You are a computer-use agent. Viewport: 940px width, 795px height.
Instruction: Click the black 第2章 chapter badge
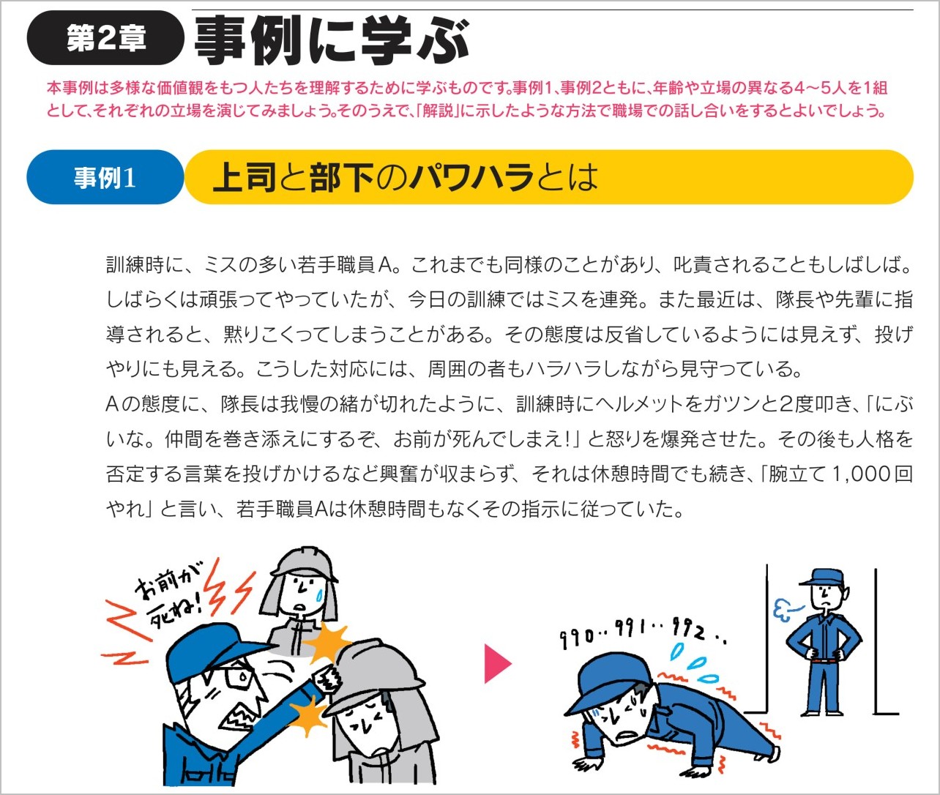(x=105, y=38)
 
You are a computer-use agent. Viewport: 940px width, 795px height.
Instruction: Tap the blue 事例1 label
(x=105, y=177)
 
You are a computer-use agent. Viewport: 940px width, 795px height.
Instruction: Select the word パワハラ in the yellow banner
(x=471, y=176)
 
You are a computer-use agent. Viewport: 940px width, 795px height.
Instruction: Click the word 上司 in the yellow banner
(x=244, y=176)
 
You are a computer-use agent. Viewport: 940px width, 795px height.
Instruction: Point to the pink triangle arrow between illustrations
(x=498, y=663)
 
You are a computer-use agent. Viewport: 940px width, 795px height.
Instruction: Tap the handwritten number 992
(x=688, y=629)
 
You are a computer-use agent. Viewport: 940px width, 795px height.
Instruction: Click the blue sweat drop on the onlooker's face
(x=321, y=594)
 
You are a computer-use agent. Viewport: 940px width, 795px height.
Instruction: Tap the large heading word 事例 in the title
(x=253, y=40)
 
